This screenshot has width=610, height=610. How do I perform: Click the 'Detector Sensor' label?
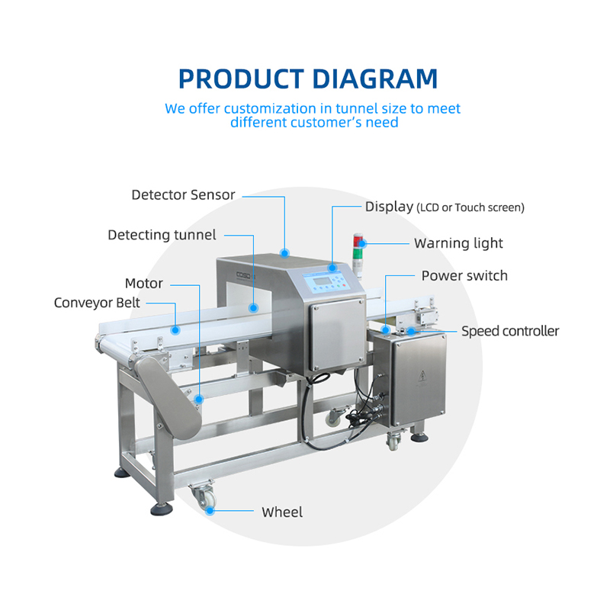[183, 195]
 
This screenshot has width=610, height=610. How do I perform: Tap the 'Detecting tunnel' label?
[162, 235]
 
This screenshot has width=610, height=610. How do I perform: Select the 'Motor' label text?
[144, 284]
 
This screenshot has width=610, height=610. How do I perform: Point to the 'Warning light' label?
[458, 243]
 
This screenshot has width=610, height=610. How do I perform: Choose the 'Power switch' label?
[464, 275]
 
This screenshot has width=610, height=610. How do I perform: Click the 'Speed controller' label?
[510, 331]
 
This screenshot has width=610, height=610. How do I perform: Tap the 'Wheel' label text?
[282, 512]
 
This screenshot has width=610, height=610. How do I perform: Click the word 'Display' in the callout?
[389, 207]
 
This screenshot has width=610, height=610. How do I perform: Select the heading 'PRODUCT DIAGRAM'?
[307, 79]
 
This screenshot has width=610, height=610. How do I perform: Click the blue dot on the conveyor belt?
[176, 330]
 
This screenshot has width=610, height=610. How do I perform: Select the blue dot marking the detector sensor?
[285, 252]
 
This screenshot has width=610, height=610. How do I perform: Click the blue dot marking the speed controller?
[410, 331]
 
